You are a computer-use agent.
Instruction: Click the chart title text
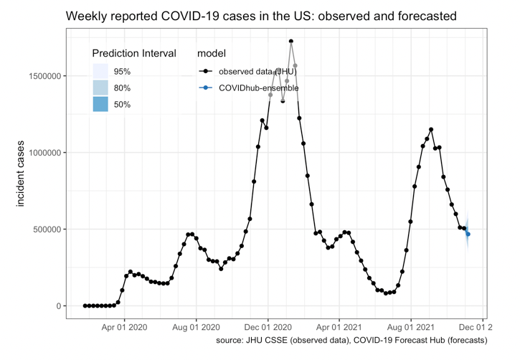tap(261, 15)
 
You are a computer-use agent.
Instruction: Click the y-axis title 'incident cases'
tap(21, 173)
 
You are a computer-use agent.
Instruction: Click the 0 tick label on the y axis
tap(60, 306)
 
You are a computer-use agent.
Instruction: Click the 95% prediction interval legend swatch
tap(100, 72)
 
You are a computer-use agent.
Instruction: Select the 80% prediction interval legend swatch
tap(100, 88)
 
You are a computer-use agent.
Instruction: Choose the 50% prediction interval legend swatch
tap(100, 105)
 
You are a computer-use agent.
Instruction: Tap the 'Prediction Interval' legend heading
tap(134, 54)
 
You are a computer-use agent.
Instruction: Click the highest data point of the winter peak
tap(291, 42)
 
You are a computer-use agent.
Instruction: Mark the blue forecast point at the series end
tap(468, 235)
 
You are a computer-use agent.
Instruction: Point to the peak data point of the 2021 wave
tap(431, 130)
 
